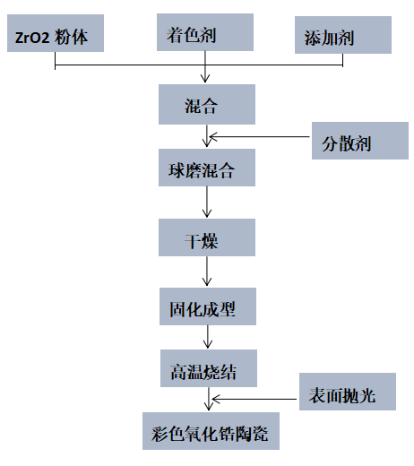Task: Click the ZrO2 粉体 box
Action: pos(56,33)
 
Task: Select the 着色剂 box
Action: pos(205,32)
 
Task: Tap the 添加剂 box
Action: pos(343,35)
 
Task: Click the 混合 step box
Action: pos(207,104)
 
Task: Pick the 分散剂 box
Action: pos(360,141)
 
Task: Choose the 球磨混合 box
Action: pos(207,168)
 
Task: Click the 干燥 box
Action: pos(207,237)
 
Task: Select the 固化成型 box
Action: pos(208,306)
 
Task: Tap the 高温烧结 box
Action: pos(209,368)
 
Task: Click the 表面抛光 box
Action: pos(348,392)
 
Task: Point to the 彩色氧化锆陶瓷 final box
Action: pos(211,431)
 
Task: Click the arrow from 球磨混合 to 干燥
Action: pos(207,202)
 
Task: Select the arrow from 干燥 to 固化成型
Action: pos(207,272)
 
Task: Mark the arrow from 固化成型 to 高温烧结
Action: pos(208,337)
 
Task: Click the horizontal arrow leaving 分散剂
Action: pos(259,137)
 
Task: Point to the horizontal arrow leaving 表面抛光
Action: pos(254,399)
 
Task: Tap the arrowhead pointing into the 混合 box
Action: pos(205,79)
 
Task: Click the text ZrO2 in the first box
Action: pos(32,38)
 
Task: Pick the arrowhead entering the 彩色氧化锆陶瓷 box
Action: pos(209,407)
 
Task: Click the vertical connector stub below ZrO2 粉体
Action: pos(56,61)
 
